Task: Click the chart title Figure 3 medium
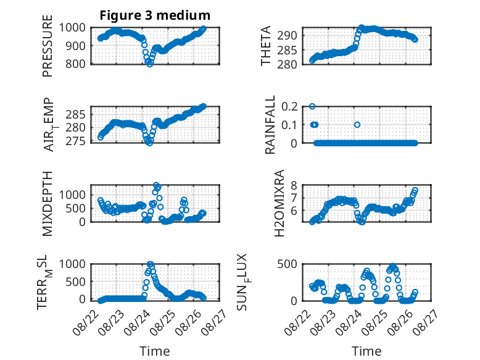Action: click(155, 15)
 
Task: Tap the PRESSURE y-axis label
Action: click(48, 46)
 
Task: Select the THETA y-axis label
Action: click(266, 46)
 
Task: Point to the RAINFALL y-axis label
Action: click(270, 125)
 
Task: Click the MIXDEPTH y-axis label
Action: click(48, 204)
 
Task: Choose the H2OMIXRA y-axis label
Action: click(279, 203)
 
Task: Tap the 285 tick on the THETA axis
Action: click(287, 50)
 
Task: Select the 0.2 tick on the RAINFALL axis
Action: click(289, 107)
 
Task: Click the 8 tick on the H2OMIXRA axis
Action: click(294, 185)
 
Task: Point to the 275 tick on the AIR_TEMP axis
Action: click(75, 141)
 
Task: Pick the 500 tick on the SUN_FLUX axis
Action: click(287, 264)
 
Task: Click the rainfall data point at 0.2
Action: click(312, 106)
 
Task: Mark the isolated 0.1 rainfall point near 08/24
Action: click(357, 125)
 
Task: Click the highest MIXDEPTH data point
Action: click(157, 185)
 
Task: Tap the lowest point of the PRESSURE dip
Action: click(150, 64)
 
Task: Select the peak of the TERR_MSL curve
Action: click(150, 264)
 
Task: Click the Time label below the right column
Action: click(366, 351)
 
